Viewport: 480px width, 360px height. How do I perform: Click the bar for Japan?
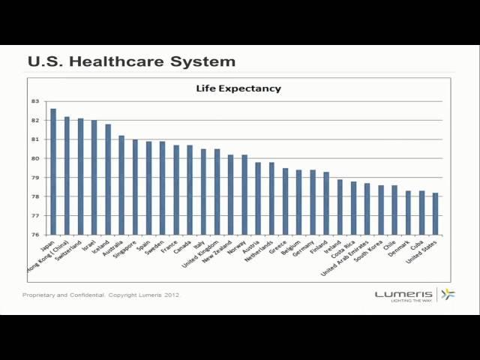coord(53,172)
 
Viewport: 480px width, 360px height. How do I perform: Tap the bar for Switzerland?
coord(80,177)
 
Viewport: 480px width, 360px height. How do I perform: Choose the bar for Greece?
coord(285,202)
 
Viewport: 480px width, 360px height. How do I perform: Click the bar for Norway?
coord(244,195)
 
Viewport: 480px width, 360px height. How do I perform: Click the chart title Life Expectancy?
coord(238,88)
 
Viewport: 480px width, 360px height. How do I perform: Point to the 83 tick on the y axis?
coord(35,101)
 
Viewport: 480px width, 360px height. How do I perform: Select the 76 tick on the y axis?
coord(35,235)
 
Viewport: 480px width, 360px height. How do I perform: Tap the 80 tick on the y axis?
coord(35,158)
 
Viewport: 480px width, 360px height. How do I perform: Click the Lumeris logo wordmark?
coord(403,294)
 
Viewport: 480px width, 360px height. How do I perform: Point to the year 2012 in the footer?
coord(172,295)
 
